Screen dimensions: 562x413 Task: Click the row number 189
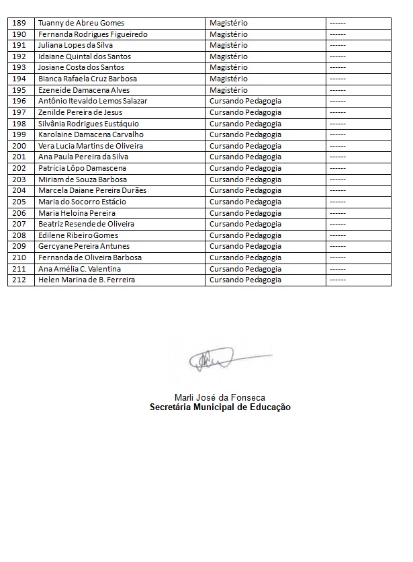(x=19, y=23)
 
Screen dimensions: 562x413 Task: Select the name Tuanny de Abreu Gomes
(x=81, y=23)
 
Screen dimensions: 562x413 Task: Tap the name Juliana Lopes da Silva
(x=76, y=45)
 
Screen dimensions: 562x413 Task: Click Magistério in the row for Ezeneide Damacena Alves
(x=228, y=90)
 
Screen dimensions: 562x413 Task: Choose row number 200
(x=19, y=146)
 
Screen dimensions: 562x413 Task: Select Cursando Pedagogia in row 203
(x=245, y=179)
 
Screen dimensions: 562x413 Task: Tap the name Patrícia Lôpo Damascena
(x=83, y=168)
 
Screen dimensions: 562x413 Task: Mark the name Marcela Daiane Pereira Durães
(x=93, y=190)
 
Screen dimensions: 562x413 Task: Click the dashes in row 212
(x=338, y=280)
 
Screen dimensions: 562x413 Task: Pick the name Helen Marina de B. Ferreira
(x=87, y=280)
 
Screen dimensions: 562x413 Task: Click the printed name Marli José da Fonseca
(x=220, y=397)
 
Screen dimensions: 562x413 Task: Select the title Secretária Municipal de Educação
(x=220, y=407)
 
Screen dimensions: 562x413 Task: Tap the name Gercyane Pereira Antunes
(x=84, y=246)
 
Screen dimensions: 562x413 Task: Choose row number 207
(x=19, y=224)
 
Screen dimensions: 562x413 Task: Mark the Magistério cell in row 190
(x=228, y=34)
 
